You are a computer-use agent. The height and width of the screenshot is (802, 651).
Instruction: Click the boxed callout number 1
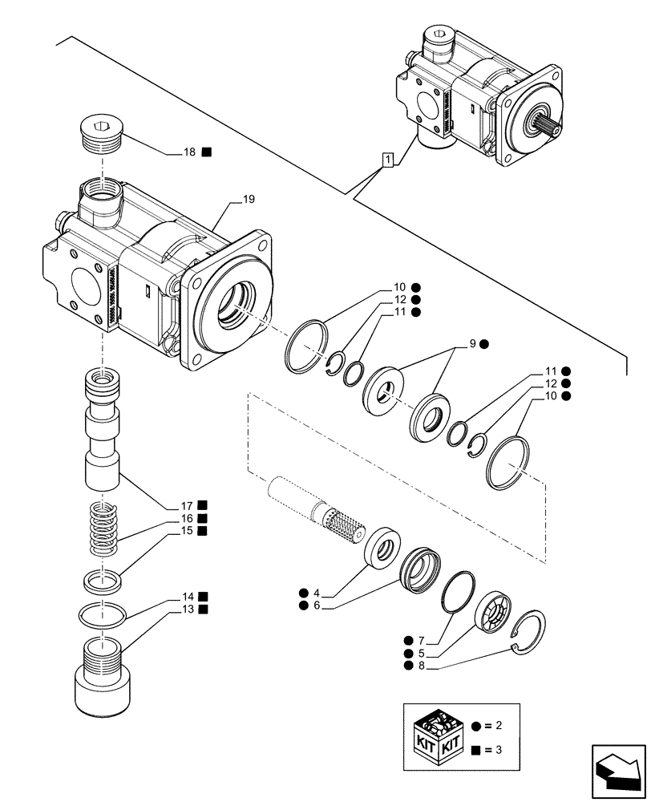coord(388,160)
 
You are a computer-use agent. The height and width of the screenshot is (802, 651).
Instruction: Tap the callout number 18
coord(190,151)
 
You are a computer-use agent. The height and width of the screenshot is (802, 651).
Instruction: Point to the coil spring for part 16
coord(103,528)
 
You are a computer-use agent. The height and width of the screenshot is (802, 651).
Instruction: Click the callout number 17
coord(186,505)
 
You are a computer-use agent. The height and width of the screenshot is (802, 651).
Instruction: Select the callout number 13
coord(188,610)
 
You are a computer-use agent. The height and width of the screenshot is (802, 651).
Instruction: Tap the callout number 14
coord(188,597)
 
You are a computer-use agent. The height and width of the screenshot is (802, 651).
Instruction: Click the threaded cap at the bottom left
coord(103,672)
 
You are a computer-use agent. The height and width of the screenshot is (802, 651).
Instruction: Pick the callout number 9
coord(473,343)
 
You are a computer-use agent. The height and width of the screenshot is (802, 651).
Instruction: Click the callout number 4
coord(317,593)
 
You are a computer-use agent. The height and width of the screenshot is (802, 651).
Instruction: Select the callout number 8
coord(422,666)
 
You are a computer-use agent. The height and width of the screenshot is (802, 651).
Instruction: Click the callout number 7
coord(422,640)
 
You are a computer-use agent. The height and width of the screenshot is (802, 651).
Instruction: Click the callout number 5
coord(422,653)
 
